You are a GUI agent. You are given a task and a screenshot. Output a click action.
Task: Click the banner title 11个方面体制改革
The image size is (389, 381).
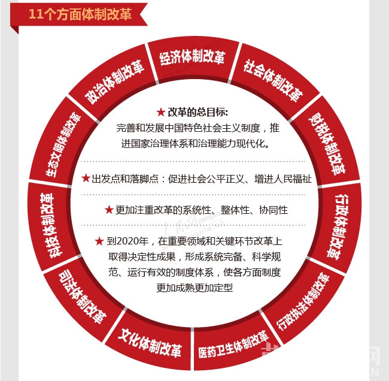80,14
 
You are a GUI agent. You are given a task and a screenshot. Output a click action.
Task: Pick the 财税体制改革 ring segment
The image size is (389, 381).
327,144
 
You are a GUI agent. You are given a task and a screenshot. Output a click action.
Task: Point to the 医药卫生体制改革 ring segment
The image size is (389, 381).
233,345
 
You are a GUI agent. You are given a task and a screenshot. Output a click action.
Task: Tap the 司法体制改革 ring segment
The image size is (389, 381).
83,297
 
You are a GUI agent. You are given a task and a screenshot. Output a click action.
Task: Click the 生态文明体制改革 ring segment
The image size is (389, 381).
63,144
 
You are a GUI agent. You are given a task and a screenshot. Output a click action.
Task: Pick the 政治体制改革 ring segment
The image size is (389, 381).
114,81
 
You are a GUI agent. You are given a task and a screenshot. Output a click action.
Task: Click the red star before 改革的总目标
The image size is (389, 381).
161,112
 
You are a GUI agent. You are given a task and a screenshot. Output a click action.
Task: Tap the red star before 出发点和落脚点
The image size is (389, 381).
86,178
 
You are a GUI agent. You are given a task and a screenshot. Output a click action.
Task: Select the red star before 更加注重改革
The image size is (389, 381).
109,210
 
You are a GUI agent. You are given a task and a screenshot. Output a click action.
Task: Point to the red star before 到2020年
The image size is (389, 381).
99,241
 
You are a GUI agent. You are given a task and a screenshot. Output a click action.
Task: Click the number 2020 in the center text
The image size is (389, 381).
127,241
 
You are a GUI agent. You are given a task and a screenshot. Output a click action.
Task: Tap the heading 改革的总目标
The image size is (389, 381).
197,112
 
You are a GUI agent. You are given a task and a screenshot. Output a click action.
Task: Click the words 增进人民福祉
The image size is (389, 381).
283,179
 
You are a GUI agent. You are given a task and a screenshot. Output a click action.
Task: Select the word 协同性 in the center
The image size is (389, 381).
273,210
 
